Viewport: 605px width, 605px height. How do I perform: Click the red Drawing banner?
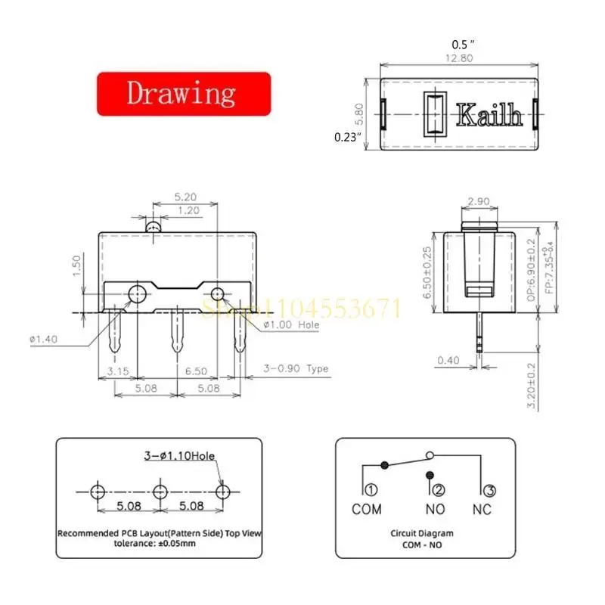(183, 94)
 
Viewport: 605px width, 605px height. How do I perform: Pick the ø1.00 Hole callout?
(291, 325)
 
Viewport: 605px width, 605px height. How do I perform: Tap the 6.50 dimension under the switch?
(195, 373)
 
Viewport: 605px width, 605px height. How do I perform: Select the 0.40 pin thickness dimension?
(448, 361)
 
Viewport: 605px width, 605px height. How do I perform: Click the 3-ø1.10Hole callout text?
(179, 456)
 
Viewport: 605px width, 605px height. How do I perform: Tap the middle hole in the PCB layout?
(160, 492)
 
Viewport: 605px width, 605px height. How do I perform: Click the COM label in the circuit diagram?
(367, 509)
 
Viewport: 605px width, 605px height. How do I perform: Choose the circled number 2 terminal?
(439, 490)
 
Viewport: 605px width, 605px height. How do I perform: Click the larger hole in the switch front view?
(137, 293)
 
